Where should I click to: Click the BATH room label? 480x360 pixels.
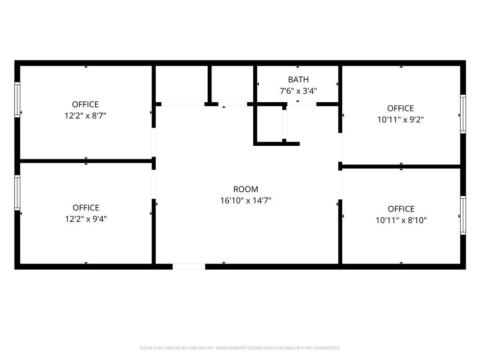[298, 80]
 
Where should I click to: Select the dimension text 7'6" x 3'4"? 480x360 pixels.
[298, 91]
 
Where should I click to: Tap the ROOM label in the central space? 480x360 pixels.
[246, 189]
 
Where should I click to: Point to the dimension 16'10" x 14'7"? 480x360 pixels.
[246, 201]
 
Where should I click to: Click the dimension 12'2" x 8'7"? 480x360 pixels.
[85, 116]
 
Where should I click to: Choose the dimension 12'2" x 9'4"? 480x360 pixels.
[86, 219]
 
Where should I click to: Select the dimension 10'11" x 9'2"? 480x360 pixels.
[400, 120]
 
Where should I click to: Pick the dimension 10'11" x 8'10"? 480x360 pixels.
[401, 220]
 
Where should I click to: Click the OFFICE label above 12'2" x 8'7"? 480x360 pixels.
[85, 105]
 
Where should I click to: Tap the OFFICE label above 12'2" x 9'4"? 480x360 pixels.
[86, 208]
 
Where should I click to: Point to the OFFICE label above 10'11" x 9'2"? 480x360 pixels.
[400, 108]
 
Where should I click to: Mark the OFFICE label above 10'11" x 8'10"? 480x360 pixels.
[401, 209]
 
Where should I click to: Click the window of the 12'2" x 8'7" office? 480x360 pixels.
[17, 100]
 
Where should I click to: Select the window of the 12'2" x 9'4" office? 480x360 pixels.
[17, 193]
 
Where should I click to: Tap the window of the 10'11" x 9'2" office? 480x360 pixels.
[463, 114]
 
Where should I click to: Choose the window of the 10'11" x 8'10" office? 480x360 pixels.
[463, 216]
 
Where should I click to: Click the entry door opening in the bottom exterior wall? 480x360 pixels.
[189, 267]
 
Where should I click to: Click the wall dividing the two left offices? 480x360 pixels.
[86, 161]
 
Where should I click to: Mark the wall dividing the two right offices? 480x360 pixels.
[401, 166]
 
